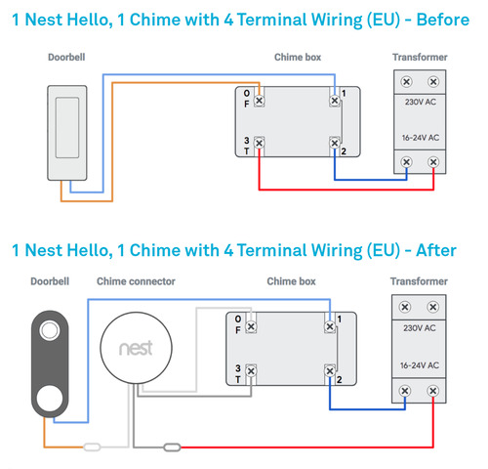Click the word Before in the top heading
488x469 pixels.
(x=443, y=20)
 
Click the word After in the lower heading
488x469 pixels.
(x=436, y=250)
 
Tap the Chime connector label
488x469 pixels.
(x=136, y=281)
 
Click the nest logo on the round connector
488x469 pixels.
(x=136, y=348)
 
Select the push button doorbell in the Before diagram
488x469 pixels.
(x=67, y=133)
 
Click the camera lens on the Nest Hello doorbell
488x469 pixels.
(x=50, y=330)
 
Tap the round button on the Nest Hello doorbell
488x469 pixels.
(x=50, y=398)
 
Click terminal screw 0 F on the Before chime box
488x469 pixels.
(x=259, y=101)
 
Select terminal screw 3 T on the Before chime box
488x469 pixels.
(x=259, y=143)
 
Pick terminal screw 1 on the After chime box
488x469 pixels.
(x=330, y=326)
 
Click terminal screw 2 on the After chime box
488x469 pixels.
(x=330, y=371)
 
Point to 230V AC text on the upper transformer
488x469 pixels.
(x=421, y=102)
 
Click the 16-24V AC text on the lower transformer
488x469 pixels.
(x=420, y=365)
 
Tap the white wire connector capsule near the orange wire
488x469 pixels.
(x=92, y=447)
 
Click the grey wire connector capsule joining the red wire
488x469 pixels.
(x=172, y=448)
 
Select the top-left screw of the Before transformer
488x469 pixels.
(x=406, y=81)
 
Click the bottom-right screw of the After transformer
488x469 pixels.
(x=432, y=391)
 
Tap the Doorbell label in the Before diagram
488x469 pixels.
(x=66, y=58)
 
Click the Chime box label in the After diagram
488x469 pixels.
(x=291, y=281)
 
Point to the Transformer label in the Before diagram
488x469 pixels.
(x=420, y=58)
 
